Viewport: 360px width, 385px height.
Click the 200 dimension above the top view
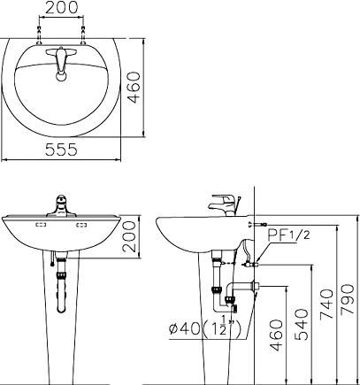(60, 8)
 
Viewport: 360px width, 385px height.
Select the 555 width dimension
(60, 150)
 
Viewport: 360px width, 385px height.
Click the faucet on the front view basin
(60, 204)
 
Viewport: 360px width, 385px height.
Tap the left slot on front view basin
(38, 227)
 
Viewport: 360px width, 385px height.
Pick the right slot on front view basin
(84, 227)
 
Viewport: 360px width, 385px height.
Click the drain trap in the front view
(60, 283)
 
